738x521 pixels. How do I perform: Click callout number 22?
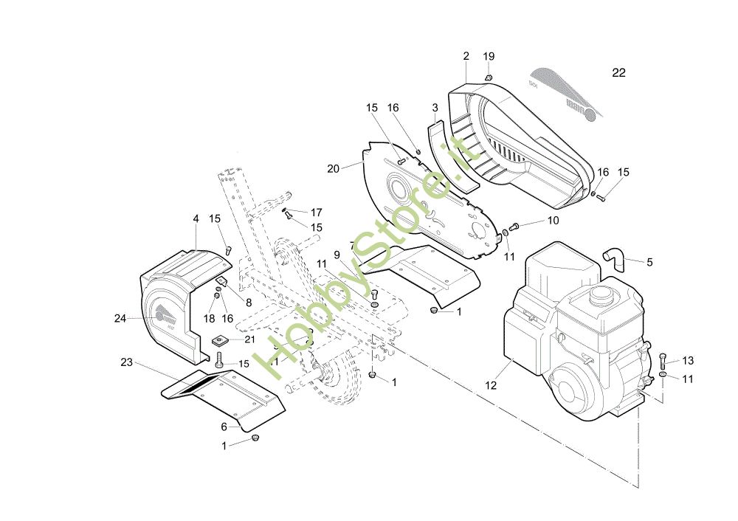coord(618,72)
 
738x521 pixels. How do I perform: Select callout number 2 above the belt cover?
coord(466,56)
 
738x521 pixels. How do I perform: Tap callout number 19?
coord(489,57)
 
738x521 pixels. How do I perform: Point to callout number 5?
coord(649,261)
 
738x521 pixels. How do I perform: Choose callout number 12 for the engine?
coord(492,384)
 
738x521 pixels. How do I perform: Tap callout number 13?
coord(688,361)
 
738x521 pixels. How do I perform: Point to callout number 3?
coord(435,108)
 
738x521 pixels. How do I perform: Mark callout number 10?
coord(553,221)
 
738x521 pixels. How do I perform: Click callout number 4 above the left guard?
coord(196,218)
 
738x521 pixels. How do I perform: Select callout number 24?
coord(120,319)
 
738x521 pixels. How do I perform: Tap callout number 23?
coord(126,362)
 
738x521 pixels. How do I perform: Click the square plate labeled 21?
coord(219,340)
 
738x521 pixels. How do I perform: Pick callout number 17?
coord(316,212)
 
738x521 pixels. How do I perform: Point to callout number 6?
coord(224,427)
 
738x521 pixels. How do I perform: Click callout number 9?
coord(337,255)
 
